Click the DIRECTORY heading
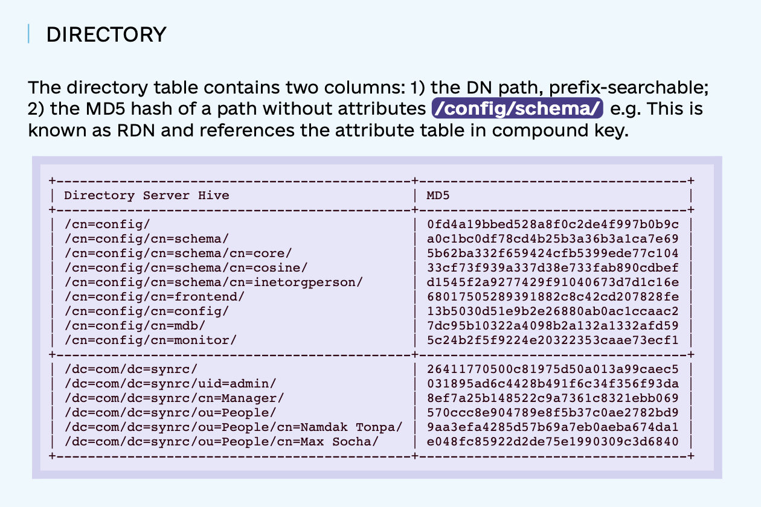(x=106, y=34)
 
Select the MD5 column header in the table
(x=438, y=195)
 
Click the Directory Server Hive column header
(x=147, y=195)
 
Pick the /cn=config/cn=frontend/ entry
(x=155, y=296)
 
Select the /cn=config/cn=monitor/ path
(x=150, y=340)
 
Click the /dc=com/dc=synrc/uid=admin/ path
(x=170, y=383)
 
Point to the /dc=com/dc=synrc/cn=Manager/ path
(x=174, y=398)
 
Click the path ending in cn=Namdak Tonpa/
(x=233, y=427)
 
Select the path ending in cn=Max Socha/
(x=222, y=441)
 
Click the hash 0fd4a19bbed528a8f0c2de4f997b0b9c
(x=553, y=224)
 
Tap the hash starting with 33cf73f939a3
(x=553, y=267)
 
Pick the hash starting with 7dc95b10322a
(x=553, y=325)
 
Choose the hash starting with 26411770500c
(x=553, y=369)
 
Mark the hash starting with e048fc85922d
(x=553, y=441)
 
